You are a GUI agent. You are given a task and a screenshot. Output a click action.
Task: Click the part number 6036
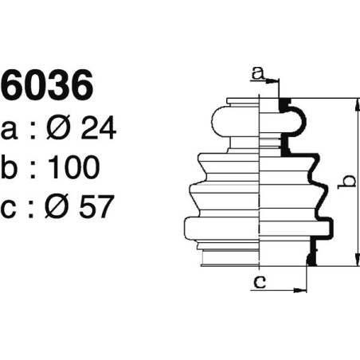pos(47,87)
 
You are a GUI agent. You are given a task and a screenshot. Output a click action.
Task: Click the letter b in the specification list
pos(11,166)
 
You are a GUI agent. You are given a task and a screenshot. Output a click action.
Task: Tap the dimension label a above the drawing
pos(256,74)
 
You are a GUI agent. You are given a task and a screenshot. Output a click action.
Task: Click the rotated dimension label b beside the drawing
pos(344,182)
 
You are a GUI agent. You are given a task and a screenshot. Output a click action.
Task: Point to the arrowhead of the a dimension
pos(276,81)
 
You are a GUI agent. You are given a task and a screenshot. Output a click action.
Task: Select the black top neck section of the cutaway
pos(284,104)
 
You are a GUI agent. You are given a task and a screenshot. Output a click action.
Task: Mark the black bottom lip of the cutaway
pos(310,258)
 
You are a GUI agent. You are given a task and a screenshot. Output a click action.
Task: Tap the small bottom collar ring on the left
pos(231,258)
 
